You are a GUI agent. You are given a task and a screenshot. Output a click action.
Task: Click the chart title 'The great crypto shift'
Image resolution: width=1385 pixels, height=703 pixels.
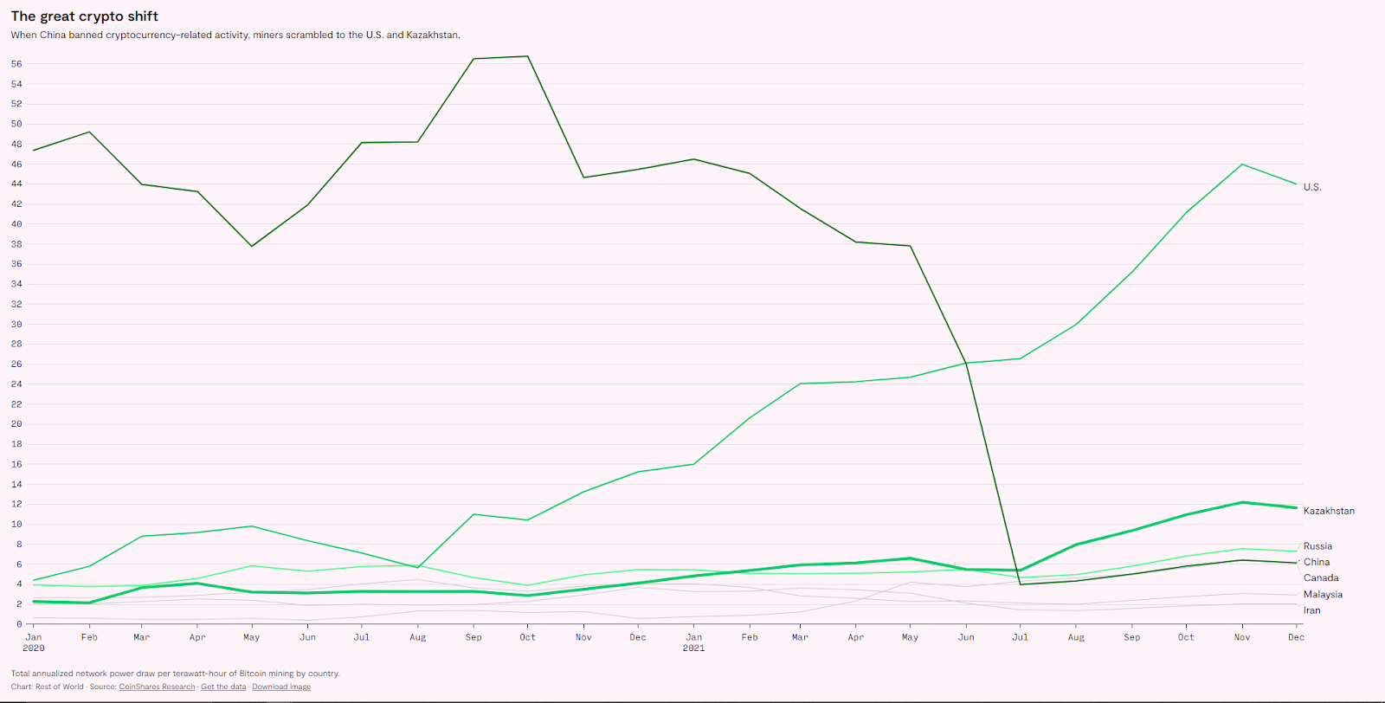[85, 16]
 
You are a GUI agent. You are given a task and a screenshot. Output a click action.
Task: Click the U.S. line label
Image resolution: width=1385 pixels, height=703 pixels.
[1312, 187]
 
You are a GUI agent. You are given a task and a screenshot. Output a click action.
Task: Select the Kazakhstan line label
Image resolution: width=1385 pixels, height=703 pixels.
[1329, 511]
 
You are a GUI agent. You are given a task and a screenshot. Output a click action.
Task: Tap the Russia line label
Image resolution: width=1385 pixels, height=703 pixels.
[1317, 546]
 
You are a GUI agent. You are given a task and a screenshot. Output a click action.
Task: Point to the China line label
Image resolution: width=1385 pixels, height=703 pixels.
[1317, 562]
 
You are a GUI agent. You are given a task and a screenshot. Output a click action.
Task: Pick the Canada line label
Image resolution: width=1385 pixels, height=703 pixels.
[1321, 577]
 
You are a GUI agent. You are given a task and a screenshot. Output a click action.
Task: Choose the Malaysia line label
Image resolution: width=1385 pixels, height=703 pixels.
[1323, 594]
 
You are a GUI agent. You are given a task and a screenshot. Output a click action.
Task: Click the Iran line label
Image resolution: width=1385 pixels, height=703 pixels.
[1312, 610]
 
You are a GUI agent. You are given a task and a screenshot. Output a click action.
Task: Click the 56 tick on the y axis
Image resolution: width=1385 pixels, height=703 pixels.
[16, 64]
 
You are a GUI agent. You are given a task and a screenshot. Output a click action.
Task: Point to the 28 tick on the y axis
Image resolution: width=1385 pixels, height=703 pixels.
[16, 344]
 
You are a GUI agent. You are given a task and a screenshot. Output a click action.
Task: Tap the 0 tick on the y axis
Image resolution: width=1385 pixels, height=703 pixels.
[19, 624]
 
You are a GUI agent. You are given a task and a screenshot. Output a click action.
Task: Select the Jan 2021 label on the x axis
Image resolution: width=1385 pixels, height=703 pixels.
[693, 642]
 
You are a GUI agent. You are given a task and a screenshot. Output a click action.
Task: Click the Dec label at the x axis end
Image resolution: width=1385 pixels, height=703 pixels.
[1296, 637]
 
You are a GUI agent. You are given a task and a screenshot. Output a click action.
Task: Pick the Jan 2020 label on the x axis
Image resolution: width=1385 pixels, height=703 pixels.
[33, 642]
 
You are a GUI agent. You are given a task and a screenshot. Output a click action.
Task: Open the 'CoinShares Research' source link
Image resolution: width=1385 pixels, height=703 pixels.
[157, 687]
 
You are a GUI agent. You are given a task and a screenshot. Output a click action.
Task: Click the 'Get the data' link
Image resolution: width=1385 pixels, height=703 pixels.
[223, 687]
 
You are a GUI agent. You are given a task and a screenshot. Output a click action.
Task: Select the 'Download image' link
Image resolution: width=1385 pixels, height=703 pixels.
[281, 687]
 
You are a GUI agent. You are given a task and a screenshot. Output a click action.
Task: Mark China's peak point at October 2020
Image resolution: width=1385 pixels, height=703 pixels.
[528, 56]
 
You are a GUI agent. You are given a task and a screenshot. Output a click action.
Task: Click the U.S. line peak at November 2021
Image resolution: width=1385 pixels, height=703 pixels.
[1242, 164]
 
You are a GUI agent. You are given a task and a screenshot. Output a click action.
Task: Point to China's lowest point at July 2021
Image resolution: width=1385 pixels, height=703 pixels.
[1021, 584]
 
